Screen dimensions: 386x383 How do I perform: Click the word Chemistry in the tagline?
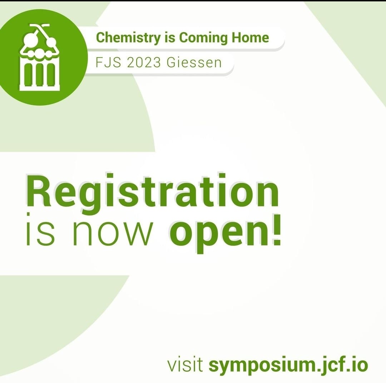click(128, 38)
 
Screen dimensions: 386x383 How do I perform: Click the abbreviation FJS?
click(108, 63)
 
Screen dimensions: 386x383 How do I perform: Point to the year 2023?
click(144, 63)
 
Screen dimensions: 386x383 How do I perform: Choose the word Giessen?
click(194, 63)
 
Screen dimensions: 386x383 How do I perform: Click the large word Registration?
click(152, 194)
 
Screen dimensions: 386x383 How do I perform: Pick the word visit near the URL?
click(185, 365)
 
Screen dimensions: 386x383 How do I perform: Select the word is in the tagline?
click(170, 38)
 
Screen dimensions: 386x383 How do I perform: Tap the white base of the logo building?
click(39, 88)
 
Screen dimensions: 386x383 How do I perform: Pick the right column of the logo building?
click(51, 75)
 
